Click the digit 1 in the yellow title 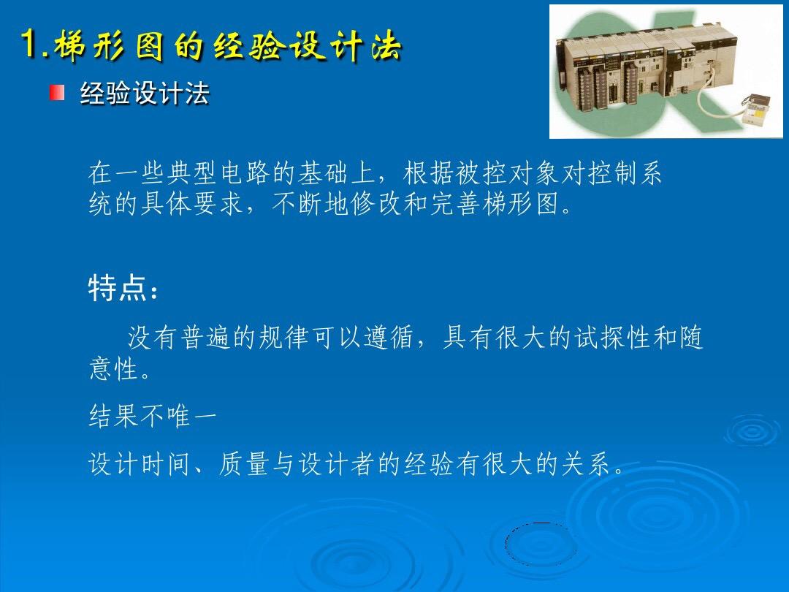pyautogui.click(x=30, y=45)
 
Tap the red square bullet pyautogui.click(x=57, y=93)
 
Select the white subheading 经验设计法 pyautogui.click(x=145, y=94)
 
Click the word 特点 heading pyautogui.click(x=117, y=288)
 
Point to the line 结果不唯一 pyautogui.click(x=153, y=417)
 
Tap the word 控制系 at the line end pyautogui.click(x=624, y=172)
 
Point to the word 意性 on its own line pyautogui.click(x=114, y=369)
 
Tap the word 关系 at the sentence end pyautogui.click(x=586, y=463)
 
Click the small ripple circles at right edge pyautogui.click(x=753, y=431)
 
